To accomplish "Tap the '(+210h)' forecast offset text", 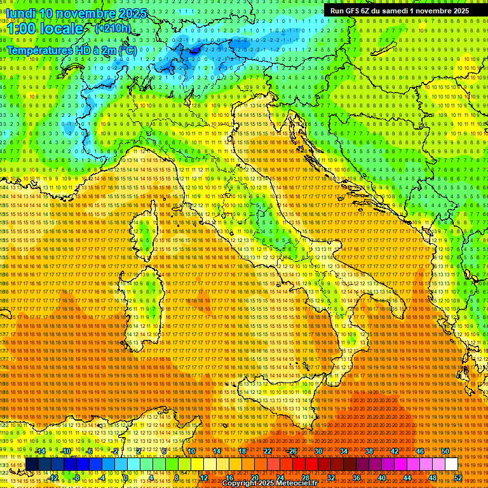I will pos(112,28).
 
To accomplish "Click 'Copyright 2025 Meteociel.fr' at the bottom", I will pos(274,484).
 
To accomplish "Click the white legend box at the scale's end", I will pos(451,464).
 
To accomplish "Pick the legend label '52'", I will pos(458,477).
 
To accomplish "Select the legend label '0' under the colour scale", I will pos(126,477).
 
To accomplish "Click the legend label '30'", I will pos(318,451).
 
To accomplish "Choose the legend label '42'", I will pos(395,451).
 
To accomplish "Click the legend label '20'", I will pos(254,477).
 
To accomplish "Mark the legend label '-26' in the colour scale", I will pos(292,451).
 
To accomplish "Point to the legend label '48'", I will pos(432,477).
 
